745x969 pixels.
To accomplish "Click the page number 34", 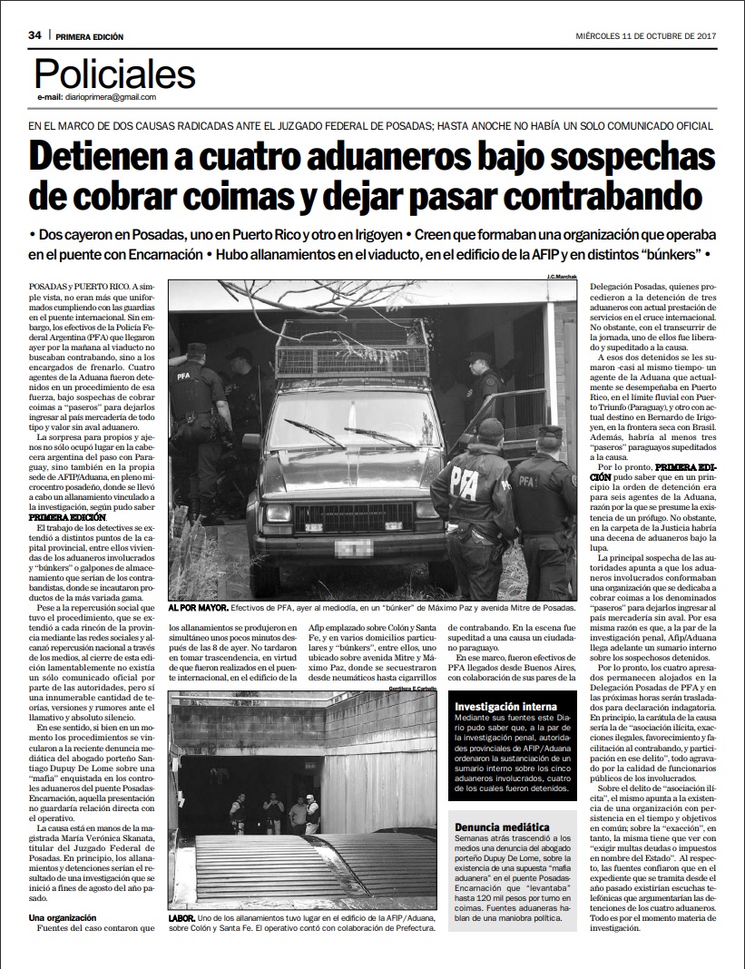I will pyautogui.click(x=34, y=35).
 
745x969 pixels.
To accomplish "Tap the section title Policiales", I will pyautogui.click(x=114, y=73).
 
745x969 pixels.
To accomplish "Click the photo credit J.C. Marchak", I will pyautogui.click(x=562, y=276).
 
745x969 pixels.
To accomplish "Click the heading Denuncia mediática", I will pyautogui.click(x=503, y=827).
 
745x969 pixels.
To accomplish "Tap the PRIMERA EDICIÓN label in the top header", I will pyautogui.click(x=89, y=36).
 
